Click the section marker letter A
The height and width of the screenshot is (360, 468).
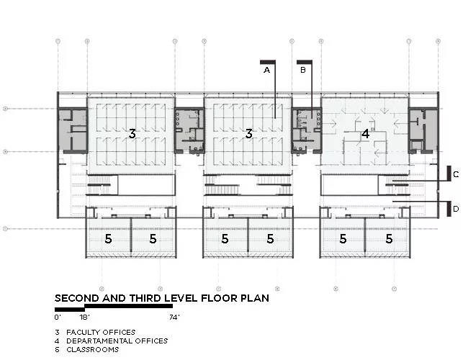(266, 70)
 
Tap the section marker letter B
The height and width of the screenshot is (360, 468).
(302, 70)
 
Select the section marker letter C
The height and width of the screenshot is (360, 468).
(456, 174)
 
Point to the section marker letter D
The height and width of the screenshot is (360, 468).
(456, 209)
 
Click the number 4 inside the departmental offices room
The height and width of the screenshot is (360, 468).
(365, 134)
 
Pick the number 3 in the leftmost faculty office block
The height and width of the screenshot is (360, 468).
(132, 133)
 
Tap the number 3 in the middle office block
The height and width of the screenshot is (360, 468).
(249, 133)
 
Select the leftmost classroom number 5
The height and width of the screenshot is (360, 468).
(108, 239)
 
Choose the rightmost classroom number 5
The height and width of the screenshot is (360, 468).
(389, 239)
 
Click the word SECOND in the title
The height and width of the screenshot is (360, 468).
(77, 298)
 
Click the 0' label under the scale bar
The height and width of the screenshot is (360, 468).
(58, 318)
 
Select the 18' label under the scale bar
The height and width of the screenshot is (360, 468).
(85, 318)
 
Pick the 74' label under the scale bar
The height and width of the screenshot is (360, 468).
(175, 318)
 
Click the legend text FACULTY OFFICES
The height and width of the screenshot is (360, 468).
(101, 332)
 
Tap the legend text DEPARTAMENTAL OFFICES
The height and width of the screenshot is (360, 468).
(117, 341)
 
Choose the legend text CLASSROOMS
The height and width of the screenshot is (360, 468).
(93, 349)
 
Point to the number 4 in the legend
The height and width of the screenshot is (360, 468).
(57, 341)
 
